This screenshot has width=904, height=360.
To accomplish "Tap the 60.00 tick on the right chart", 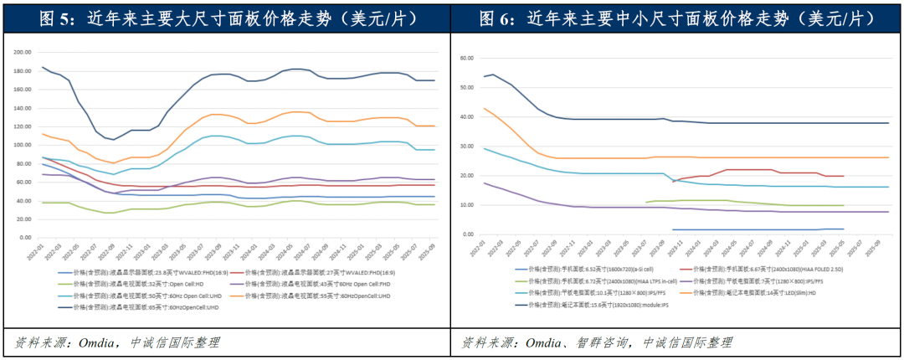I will pyautogui.click(x=465, y=59).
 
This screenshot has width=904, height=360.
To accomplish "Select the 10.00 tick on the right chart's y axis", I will pyautogui.click(x=465, y=205).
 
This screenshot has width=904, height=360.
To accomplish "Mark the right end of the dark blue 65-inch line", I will pyautogui.click(x=435, y=80).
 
